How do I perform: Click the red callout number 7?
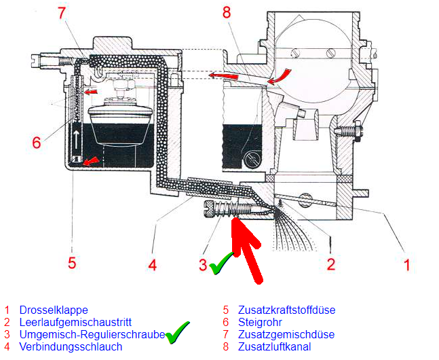(62, 12)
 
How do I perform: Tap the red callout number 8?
(227, 12)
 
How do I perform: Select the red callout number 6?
(37, 143)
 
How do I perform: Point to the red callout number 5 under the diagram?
(72, 263)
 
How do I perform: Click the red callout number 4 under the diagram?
(152, 264)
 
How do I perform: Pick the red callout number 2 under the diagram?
(331, 264)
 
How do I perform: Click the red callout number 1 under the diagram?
(407, 265)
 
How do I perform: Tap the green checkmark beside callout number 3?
(221, 264)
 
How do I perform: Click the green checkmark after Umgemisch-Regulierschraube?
(177, 333)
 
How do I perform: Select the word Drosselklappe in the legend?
(54, 310)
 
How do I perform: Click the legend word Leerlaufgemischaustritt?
(75, 322)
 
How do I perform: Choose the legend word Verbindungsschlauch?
(71, 347)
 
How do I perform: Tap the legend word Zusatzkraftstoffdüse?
(286, 310)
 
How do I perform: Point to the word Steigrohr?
(260, 322)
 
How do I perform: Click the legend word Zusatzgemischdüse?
(286, 334)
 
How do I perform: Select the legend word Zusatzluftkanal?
(274, 347)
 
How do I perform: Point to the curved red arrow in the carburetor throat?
(282, 75)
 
